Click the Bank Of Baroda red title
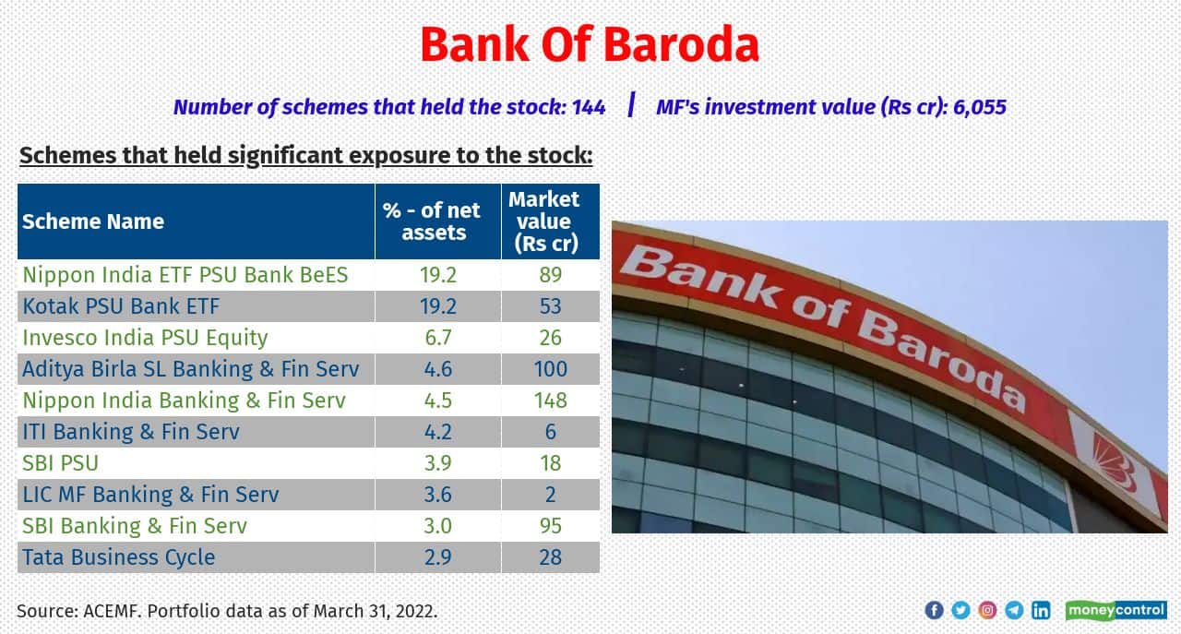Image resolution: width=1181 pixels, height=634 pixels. click(590, 44)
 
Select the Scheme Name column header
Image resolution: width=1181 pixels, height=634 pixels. click(93, 221)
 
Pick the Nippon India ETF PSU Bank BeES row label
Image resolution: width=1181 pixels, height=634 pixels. click(185, 275)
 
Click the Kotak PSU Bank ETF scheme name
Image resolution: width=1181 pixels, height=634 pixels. click(122, 306)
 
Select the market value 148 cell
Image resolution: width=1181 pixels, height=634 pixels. click(550, 401)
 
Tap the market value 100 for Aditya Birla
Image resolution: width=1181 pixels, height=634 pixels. click(550, 369)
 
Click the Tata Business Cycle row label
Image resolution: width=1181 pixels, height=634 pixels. click(119, 557)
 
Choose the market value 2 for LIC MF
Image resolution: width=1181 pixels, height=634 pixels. click(550, 495)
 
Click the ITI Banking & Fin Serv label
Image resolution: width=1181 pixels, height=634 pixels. click(131, 432)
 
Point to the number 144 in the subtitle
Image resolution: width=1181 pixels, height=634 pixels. click(588, 107)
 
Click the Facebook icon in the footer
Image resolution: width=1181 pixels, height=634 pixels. click(934, 610)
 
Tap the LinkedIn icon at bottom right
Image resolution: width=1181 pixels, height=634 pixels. click(1041, 610)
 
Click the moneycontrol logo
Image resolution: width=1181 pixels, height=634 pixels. click(1115, 610)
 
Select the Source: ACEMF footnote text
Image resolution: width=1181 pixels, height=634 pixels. click(227, 611)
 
